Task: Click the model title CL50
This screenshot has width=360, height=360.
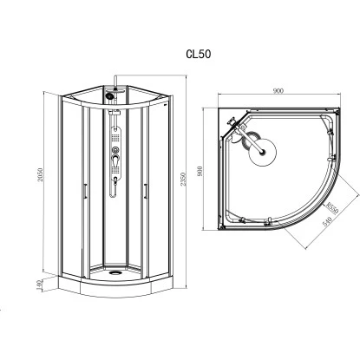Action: click(199, 54)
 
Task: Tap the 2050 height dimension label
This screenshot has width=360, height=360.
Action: click(40, 174)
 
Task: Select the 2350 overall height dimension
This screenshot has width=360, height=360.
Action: click(183, 180)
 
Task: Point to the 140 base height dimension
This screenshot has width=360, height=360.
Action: click(40, 285)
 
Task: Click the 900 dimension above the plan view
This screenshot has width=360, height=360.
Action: click(278, 91)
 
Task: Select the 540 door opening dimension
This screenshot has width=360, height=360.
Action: click(326, 221)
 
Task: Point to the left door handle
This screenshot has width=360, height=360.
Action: click(84, 191)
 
